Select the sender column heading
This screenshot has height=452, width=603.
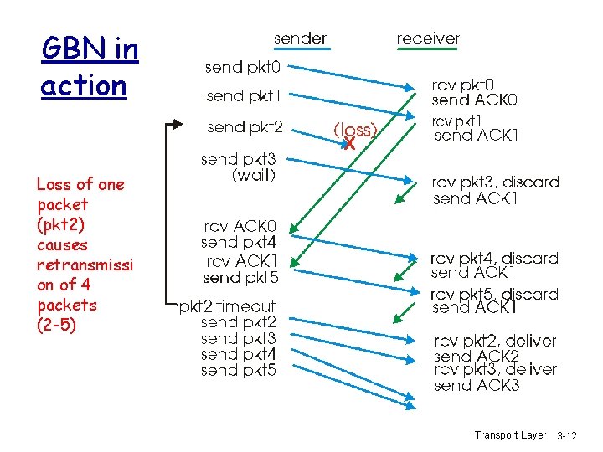coord(301,39)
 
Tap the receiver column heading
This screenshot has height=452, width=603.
coord(428,39)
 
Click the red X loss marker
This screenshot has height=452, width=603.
coord(349,144)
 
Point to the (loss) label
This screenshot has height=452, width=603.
coord(355,130)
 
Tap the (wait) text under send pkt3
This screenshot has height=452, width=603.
coord(254,176)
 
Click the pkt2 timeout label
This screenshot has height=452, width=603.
coord(227,306)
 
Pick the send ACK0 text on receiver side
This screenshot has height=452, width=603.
coord(475,100)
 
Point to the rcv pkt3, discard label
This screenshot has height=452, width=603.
coord(494,182)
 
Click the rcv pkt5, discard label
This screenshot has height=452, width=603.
coord(494,294)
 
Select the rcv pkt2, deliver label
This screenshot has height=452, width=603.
coord(494,341)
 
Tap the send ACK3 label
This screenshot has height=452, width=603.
coord(477,386)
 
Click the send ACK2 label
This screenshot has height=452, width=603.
coord(477,356)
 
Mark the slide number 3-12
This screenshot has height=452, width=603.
coord(578,436)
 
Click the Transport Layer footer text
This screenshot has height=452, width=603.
coord(510,435)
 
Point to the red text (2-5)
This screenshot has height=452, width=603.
coord(56,325)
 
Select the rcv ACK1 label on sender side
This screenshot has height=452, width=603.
coord(240,261)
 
